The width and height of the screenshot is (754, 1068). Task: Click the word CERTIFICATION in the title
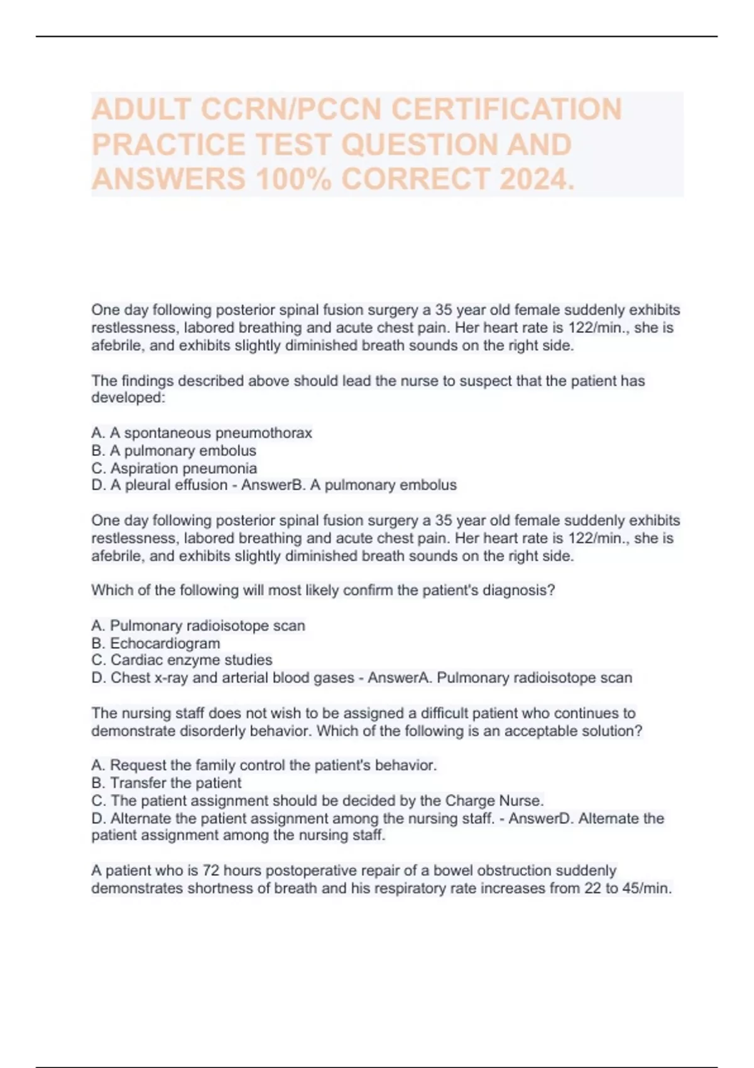click(x=506, y=109)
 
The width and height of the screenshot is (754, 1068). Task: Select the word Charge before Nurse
click(x=470, y=800)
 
